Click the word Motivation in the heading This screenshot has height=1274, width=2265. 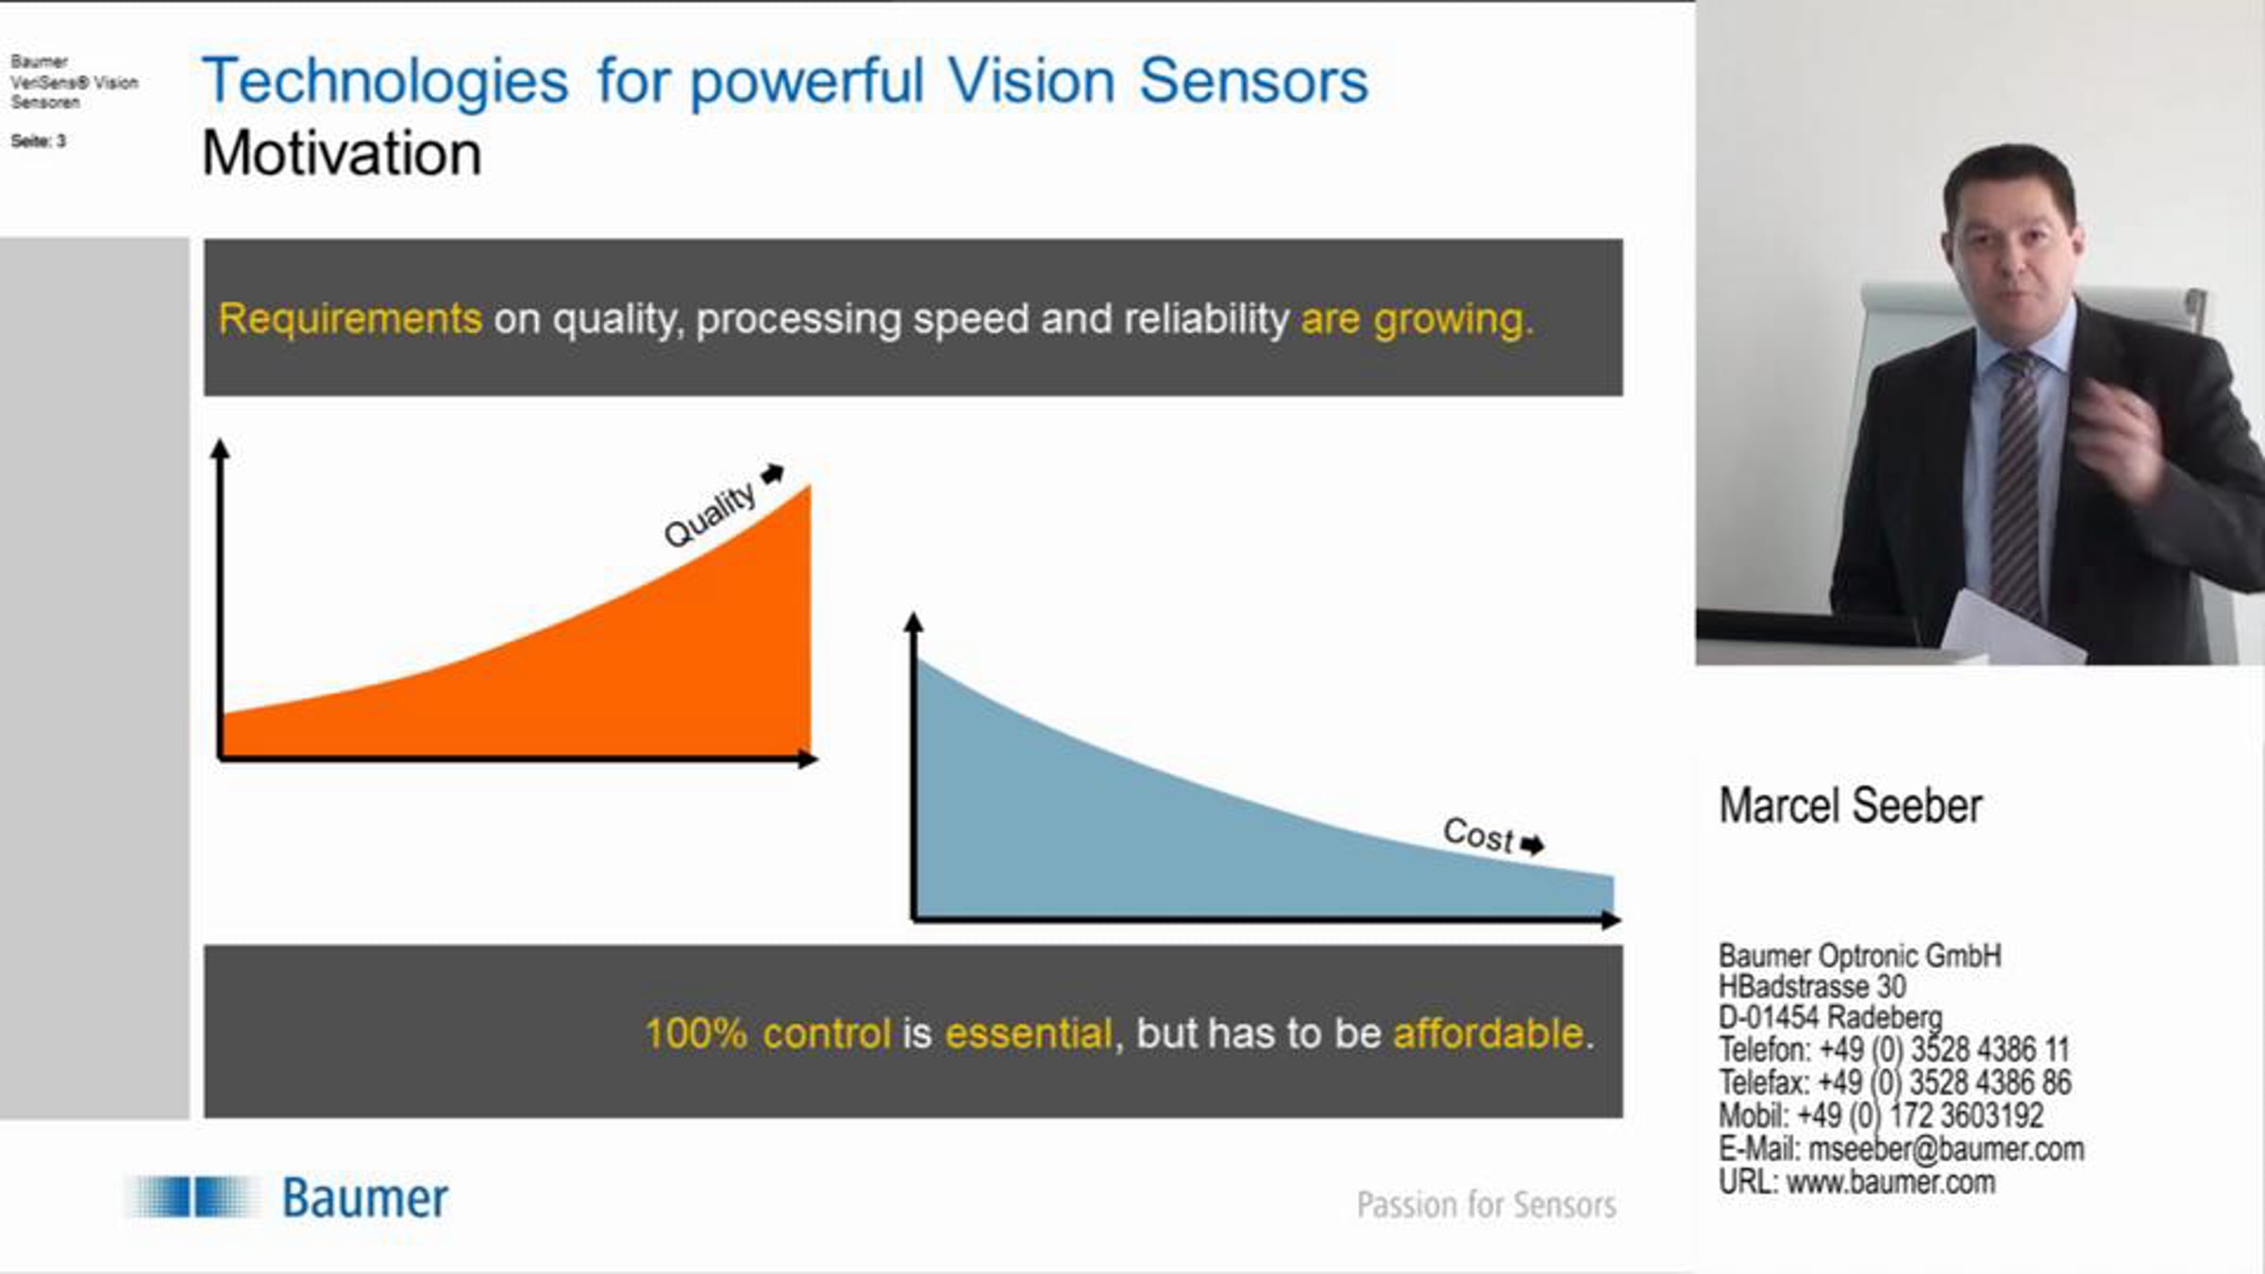pos(342,153)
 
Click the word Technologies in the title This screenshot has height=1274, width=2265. pos(385,83)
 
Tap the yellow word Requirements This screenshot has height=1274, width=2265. pos(350,319)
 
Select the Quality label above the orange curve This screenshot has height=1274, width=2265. pos(710,515)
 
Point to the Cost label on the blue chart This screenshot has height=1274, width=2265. pos(1478,833)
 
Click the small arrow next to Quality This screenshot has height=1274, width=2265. pos(773,473)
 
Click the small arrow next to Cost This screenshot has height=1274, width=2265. pos(1533,844)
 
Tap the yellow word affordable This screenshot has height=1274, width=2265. pos(1488,1033)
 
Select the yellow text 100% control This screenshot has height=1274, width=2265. pos(767,1033)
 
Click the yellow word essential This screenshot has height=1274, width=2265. pos(1029,1033)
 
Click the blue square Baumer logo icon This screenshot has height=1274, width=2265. pos(193,1197)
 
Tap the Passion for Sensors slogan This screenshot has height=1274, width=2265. pos(1486,1204)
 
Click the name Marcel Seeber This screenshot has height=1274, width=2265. pos(1851,806)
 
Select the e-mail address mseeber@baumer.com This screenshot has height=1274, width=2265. pos(1946,1148)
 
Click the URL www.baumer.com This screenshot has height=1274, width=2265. pos(1890,1182)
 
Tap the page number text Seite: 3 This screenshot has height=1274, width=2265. pos(39,142)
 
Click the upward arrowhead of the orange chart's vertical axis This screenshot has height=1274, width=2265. pos(220,448)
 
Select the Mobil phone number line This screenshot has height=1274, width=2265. pos(1881,1115)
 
